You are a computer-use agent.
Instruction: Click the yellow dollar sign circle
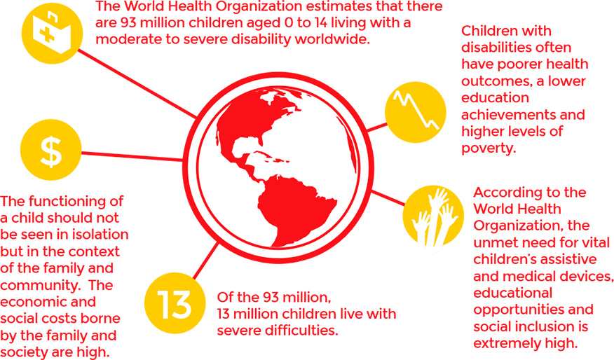(x=51, y=150)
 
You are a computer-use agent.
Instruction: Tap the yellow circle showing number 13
(x=175, y=303)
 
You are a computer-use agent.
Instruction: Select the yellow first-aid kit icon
(x=52, y=33)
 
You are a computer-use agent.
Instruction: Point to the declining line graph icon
(x=416, y=112)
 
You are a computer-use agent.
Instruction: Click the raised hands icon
(x=433, y=216)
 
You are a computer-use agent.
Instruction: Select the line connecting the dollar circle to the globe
(x=132, y=156)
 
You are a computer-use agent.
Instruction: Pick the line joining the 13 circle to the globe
(x=206, y=261)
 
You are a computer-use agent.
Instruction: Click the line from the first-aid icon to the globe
(x=137, y=84)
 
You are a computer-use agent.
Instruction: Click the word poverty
(x=487, y=148)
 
